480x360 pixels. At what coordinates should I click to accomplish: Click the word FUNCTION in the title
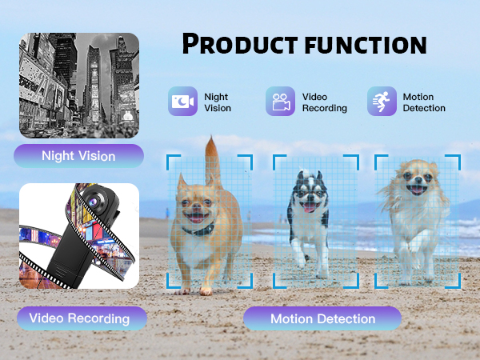click(x=363, y=43)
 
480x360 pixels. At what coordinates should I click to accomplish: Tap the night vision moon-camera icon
click(x=182, y=102)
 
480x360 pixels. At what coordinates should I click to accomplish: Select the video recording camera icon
click(x=280, y=102)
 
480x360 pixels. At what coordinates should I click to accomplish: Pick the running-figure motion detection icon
click(x=382, y=102)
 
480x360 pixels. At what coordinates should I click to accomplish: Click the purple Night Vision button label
click(x=78, y=156)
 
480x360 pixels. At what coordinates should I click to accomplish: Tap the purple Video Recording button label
click(x=79, y=318)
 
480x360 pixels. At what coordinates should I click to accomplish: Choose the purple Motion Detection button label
click(x=322, y=318)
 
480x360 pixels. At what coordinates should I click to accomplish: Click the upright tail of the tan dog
click(x=213, y=156)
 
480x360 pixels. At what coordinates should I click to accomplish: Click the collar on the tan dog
click(x=196, y=230)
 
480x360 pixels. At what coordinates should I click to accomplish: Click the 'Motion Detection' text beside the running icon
click(x=424, y=102)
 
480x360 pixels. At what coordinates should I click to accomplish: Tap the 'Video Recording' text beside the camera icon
click(x=324, y=102)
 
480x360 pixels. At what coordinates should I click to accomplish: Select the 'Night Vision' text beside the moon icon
click(x=218, y=102)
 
